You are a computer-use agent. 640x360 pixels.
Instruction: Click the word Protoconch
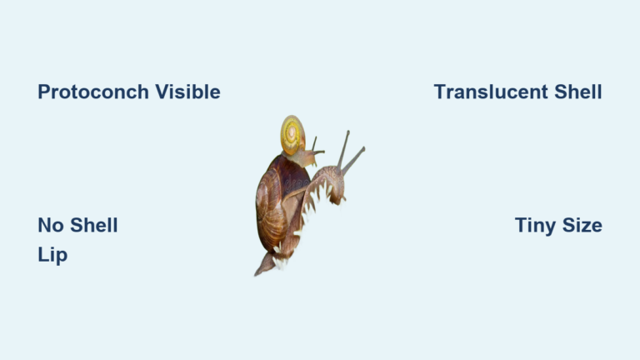click(x=91, y=92)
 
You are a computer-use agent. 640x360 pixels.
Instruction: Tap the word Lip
click(x=52, y=255)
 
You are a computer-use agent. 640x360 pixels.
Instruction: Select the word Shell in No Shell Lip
click(x=92, y=225)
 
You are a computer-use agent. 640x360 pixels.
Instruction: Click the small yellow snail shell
click(x=292, y=135)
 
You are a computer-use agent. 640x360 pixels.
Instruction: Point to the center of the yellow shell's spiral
click(x=292, y=133)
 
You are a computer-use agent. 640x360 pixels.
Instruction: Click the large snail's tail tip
click(x=258, y=271)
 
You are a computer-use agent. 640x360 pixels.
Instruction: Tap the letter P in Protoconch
click(x=43, y=92)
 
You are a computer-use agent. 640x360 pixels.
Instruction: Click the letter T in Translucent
click(x=439, y=92)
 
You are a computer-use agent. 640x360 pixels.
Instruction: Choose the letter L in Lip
click(x=42, y=255)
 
